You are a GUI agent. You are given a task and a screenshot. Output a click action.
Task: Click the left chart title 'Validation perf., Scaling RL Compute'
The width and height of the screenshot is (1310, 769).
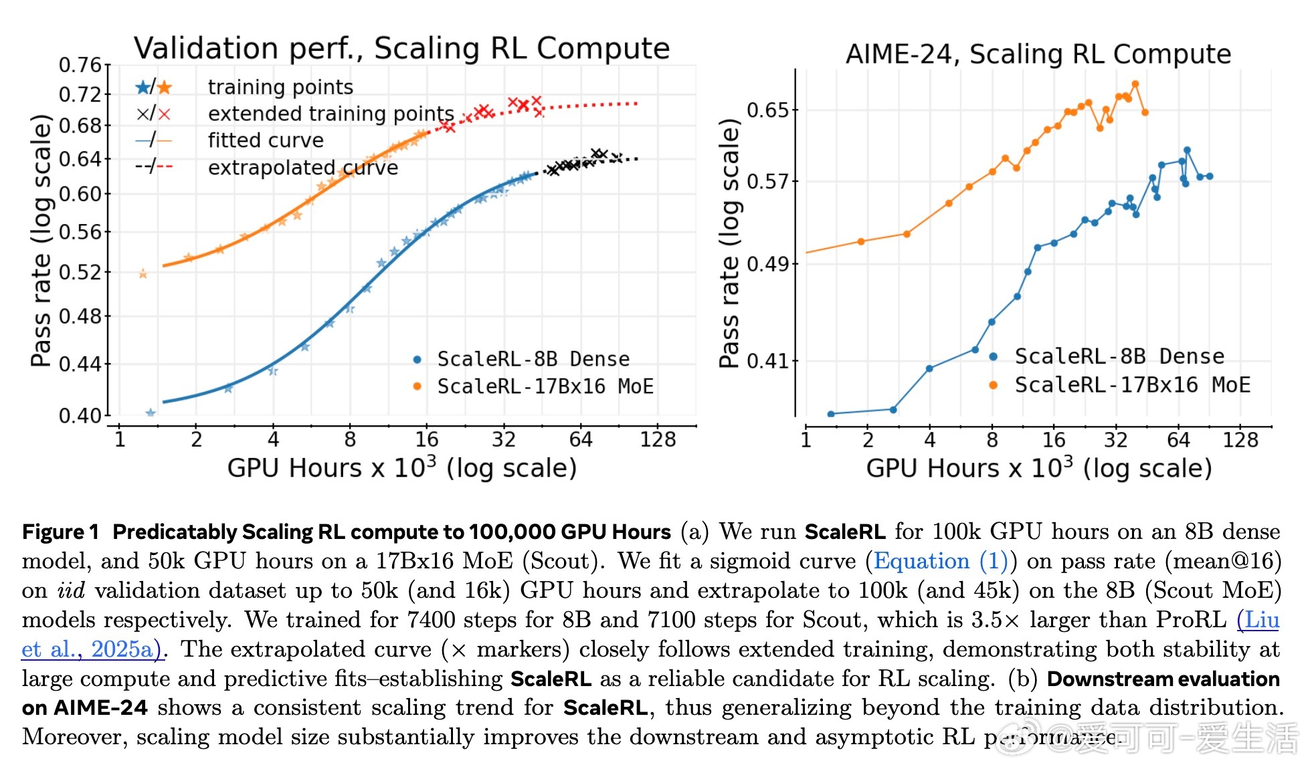pos(401,48)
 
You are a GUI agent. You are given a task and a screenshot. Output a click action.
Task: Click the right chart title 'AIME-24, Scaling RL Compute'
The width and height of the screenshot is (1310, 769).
pos(1038,54)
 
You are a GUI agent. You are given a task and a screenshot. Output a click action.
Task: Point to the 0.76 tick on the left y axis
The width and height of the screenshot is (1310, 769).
pos(80,65)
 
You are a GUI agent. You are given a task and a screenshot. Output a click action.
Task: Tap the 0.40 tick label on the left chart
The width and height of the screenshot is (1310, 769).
pos(80,416)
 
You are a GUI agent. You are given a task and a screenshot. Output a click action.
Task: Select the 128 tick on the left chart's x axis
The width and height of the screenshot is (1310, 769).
pos(658,439)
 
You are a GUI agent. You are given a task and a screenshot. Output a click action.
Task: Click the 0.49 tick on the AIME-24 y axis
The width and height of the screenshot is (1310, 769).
pos(772,264)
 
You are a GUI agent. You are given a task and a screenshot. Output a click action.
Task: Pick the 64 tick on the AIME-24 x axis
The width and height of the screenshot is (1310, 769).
pos(1178,440)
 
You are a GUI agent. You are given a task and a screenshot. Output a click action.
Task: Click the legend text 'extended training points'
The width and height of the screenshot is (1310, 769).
pos(331,114)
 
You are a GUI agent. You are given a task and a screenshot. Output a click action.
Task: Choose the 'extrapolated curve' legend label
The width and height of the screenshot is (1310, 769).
pos(302,167)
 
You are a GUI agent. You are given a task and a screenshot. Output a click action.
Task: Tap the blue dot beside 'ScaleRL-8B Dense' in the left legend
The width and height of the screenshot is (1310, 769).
pos(417,360)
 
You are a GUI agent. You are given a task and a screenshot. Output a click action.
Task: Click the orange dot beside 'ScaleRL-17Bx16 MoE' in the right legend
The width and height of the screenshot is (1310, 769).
pos(994,385)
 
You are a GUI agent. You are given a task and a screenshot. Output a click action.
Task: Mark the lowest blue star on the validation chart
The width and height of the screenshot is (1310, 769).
pos(151,413)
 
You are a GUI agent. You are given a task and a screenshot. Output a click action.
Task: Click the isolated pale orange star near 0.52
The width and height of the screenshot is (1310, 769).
pos(143,273)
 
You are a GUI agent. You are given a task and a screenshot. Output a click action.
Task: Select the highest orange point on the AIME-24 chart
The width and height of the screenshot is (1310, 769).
pos(1135,84)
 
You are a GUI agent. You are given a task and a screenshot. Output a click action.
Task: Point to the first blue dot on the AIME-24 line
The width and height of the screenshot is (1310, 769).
pos(831,414)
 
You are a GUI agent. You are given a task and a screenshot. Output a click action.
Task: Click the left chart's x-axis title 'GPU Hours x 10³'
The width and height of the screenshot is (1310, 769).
pos(401,467)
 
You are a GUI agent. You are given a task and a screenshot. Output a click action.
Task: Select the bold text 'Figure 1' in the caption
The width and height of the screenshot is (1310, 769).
pos(60,532)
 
